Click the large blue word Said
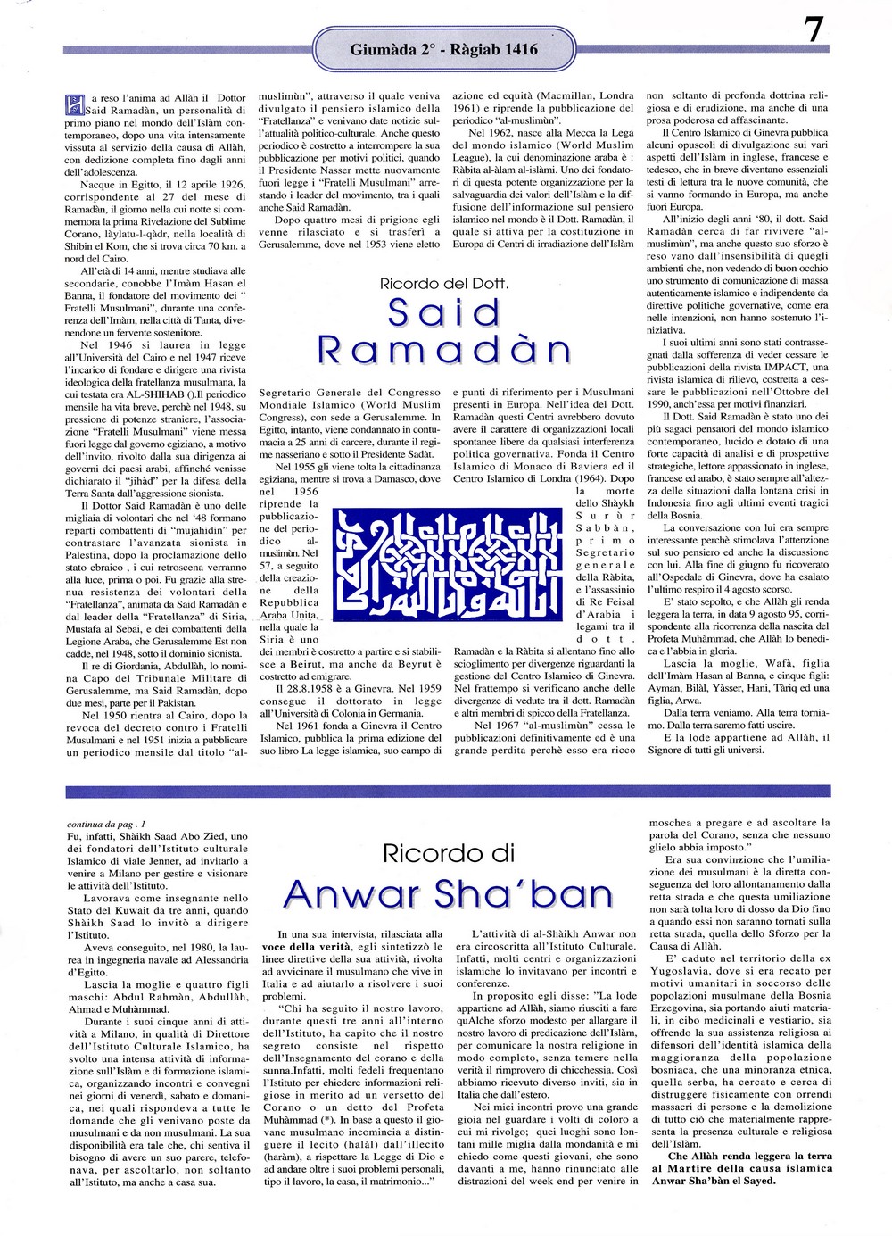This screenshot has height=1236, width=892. tap(444, 313)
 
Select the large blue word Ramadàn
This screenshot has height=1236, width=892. tap(444, 350)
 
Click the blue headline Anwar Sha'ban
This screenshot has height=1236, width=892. tap(448, 893)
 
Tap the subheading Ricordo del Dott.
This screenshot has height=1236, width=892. tap(444, 284)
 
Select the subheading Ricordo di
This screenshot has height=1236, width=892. tap(448, 853)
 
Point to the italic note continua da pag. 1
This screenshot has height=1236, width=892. tap(105, 824)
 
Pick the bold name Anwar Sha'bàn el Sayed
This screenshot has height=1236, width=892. tap(714, 1181)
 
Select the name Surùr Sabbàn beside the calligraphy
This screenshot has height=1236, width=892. tap(606, 527)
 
